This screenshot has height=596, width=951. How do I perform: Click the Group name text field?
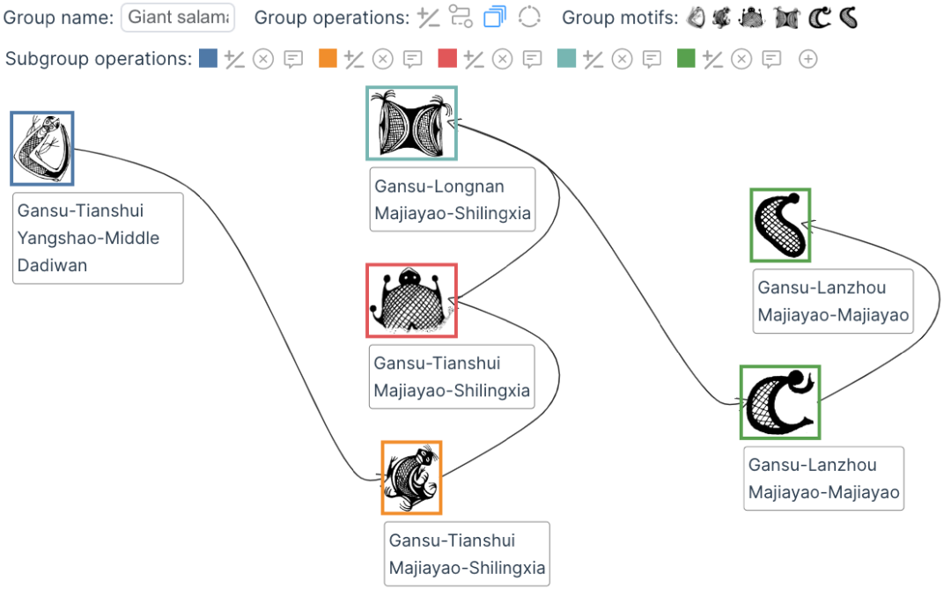click(178, 17)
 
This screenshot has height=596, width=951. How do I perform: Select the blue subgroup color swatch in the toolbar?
click(208, 58)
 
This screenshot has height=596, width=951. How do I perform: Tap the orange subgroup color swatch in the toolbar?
click(328, 58)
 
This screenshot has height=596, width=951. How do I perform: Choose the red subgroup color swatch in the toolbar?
click(447, 58)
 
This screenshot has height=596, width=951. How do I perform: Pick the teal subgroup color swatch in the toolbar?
click(567, 58)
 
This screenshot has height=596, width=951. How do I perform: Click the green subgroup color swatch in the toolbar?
click(687, 58)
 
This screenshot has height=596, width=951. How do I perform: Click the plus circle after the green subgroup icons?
click(807, 59)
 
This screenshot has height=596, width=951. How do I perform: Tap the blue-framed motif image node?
click(42, 148)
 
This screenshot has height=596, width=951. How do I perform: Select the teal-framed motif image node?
click(411, 123)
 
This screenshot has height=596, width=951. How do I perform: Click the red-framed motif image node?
click(411, 300)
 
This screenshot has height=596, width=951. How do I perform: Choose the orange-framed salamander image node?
click(411, 477)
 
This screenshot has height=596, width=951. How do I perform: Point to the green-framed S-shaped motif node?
click(780, 225)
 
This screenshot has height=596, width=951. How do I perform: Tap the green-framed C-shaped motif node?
click(780, 402)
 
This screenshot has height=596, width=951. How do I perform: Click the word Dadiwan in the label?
click(52, 265)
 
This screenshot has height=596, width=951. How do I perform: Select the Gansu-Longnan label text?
click(439, 187)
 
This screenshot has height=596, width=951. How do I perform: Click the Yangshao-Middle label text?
click(88, 238)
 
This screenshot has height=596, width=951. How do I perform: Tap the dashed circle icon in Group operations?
click(528, 17)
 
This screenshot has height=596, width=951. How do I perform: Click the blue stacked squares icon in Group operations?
click(495, 17)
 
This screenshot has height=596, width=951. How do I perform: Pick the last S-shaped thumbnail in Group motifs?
click(848, 17)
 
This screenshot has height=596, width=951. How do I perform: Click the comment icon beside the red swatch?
click(532, 59)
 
